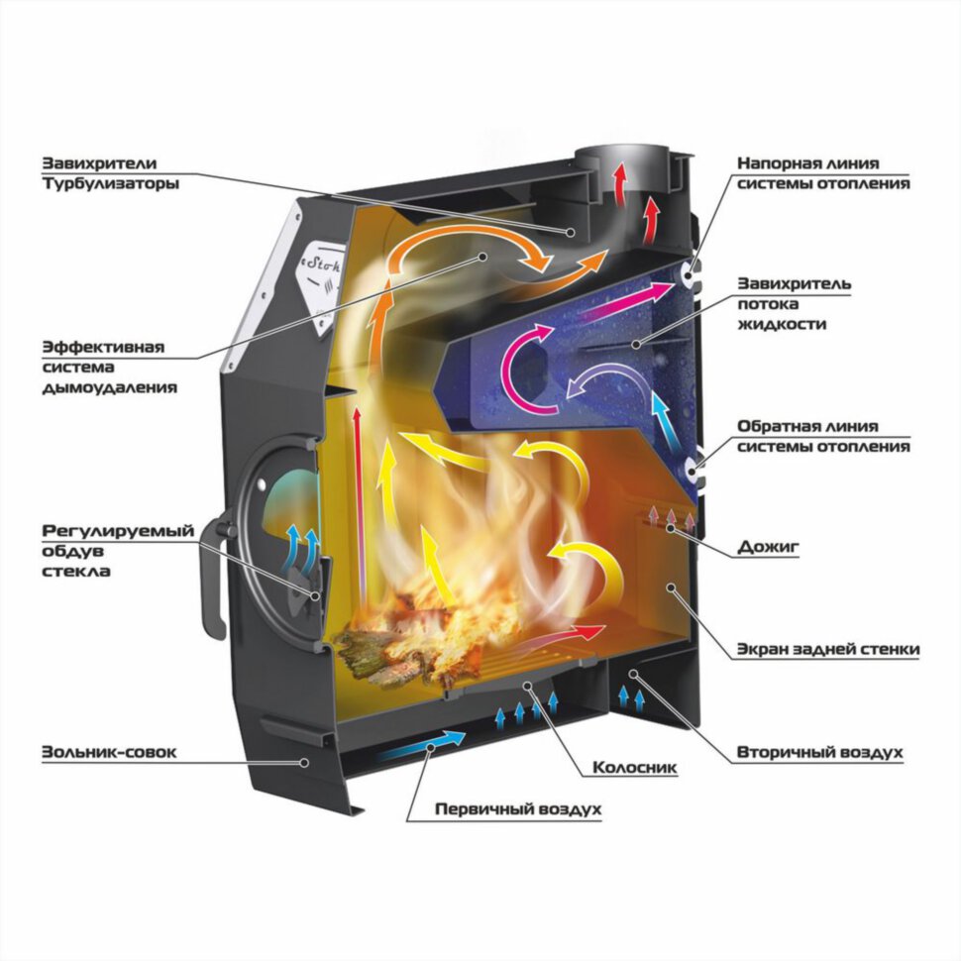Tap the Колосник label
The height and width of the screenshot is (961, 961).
tap(635, 767)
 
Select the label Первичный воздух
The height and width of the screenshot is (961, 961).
tap(518, 809)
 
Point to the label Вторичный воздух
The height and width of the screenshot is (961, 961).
tap(819, 752)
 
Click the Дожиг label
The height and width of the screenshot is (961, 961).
tap(768, 546)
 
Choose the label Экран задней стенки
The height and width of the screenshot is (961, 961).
tap(828, 649)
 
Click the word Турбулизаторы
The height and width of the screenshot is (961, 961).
tap(110, 183)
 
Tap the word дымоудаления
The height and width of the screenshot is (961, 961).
tap(109, 388)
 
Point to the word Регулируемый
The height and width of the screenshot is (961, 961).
tap(118, 531)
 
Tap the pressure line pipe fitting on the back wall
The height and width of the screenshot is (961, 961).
tap(689, 277)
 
